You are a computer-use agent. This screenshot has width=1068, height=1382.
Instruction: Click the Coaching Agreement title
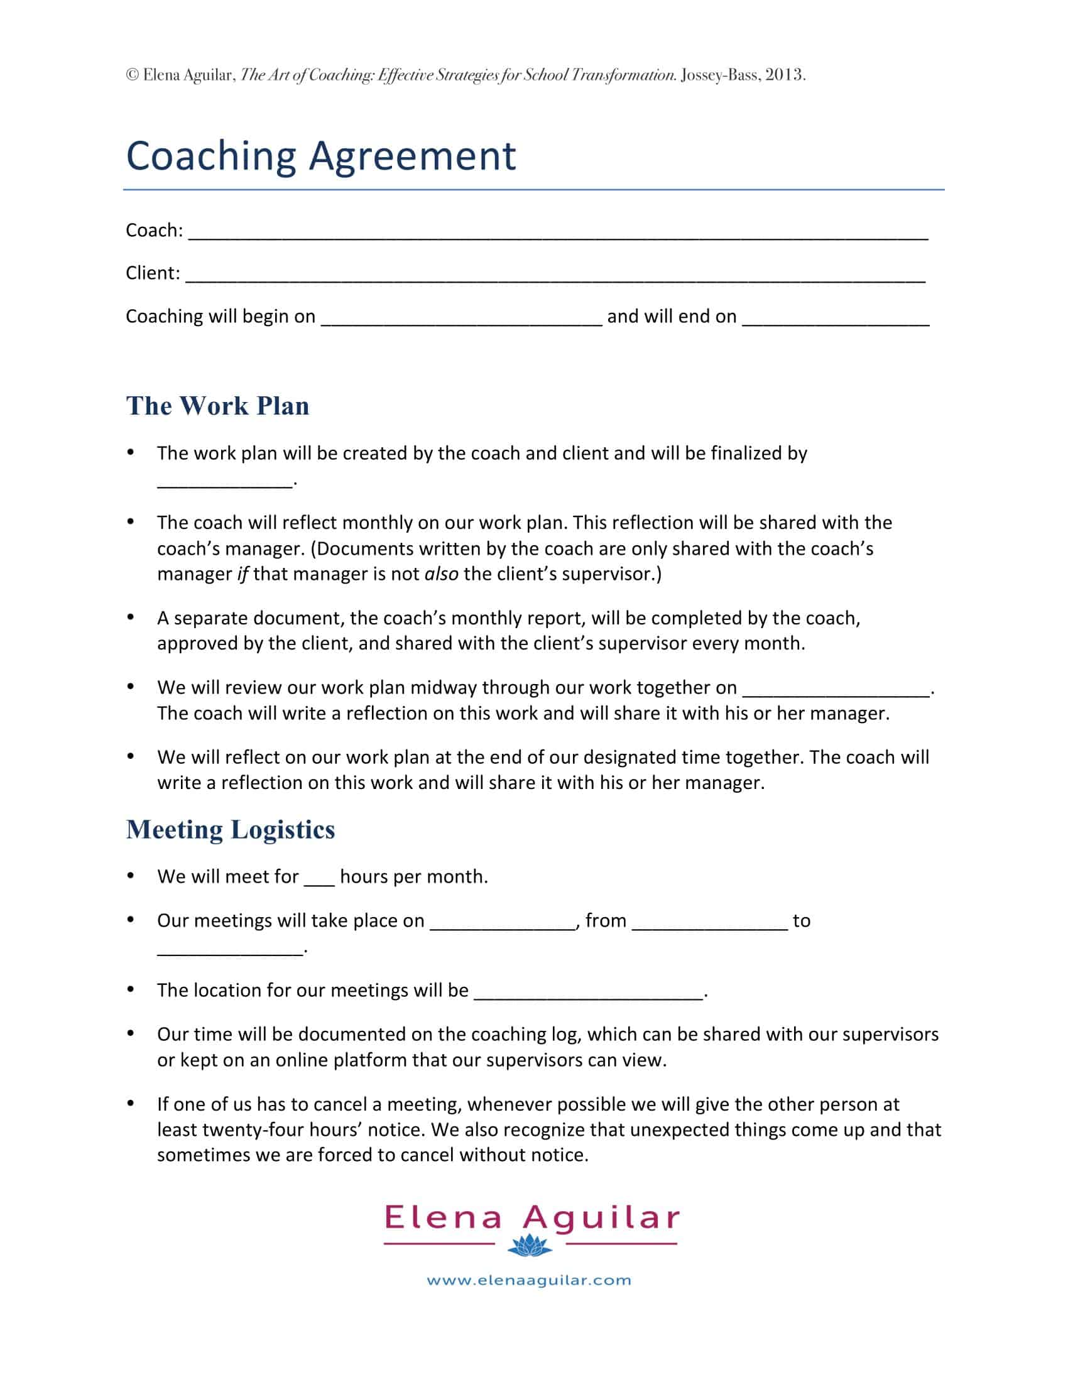pos(321,156)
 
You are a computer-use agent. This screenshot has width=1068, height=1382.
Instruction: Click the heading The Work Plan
pos(217,406)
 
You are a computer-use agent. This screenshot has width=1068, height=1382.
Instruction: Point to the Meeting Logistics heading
pos(231,830)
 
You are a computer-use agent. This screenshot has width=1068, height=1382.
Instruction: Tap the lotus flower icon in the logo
pos(530,1244)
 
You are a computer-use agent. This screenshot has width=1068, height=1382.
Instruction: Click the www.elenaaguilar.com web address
pos(529,1281)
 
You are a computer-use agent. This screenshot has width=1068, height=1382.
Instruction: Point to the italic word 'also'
pos(441,574)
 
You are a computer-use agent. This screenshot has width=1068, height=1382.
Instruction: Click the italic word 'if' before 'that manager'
pos(242,574)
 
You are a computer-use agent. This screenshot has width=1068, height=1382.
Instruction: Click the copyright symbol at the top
pos(132,75)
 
